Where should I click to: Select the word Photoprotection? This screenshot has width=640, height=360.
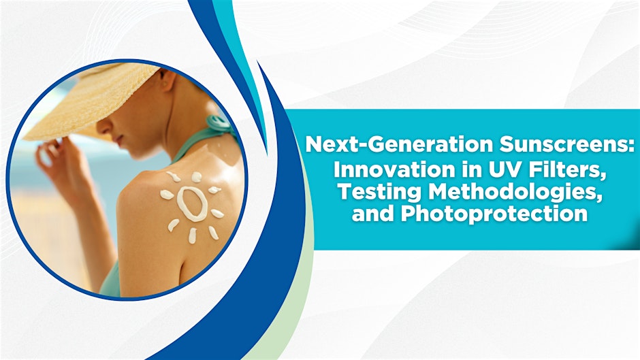point(494,214)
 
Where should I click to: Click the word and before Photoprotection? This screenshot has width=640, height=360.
point(374,214)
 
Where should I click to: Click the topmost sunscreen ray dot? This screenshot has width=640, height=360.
point(196,177)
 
